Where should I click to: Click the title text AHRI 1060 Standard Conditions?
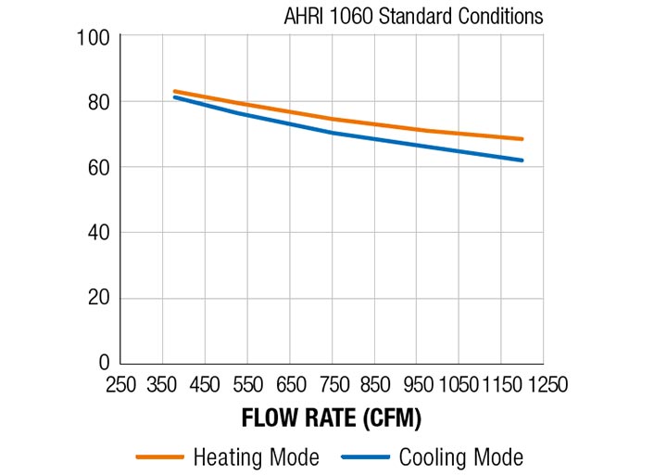tap(413, 17)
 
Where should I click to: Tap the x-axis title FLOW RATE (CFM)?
tap(332, 418)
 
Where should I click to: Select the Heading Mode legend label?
tap(257, 457)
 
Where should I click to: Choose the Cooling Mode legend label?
tap(460, 457)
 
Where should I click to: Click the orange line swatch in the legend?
tap(160, 457)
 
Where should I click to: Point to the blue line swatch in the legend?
tap(365, 457)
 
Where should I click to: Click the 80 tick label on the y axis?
tap(100, 102)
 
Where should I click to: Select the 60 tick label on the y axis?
tap(100, 167)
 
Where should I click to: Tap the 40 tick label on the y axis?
tap(100, 233)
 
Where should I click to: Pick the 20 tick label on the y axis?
tap(100, 298)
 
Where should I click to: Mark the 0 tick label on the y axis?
tap(104, 363)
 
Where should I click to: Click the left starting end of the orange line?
tap(174, 91)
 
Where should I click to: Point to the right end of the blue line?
tap(522, 161)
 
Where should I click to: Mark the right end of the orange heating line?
tap(522, 139)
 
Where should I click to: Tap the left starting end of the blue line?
tap(174, 96)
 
